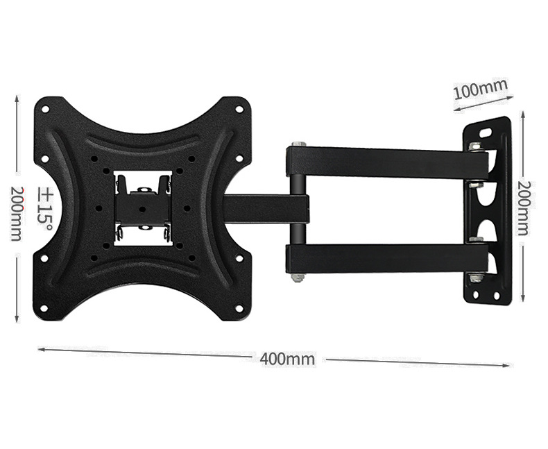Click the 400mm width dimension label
(x=287, y=359)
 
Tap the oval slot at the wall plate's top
(x=486, y=131)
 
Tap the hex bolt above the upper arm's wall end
(x=475, y=146)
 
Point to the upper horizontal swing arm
(x=388, y=162)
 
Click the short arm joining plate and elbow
(x=264, y=208)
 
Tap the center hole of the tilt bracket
(x=142, y=208)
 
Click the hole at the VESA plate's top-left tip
(x=45, y=109)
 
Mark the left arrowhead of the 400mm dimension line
(x=40, y=349)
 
